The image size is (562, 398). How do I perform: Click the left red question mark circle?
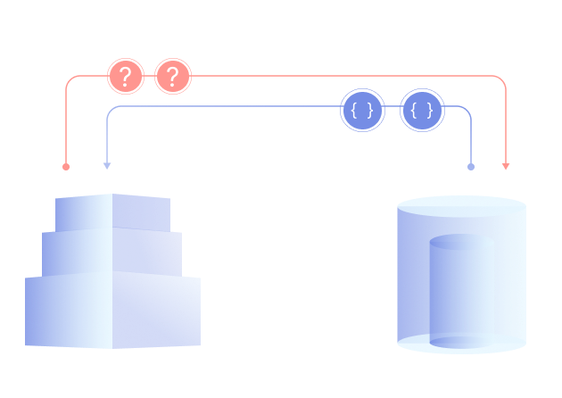click(x=126, y=77)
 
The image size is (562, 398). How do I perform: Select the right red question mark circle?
click(x=173, y=77)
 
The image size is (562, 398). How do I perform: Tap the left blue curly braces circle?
click(x=363, y=111)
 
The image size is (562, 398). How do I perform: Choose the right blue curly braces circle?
click(x=422, y=111)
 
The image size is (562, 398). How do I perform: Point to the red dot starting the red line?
click(x=66, y=166)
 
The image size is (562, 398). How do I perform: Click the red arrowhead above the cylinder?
click(x=506, y=166)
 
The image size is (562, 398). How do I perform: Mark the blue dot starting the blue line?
click(x=471, y=166)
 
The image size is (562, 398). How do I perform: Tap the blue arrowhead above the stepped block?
click(x=107, y=165)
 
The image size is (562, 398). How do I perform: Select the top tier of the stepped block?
click(x=112, y=212)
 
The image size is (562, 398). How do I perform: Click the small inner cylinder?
click(x=461, y=286)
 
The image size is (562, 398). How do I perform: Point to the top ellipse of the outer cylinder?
click(x=461, y=206)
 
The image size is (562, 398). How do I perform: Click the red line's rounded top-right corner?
click(x=502, y=80)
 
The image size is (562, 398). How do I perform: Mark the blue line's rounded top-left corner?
click(x=111, y=111)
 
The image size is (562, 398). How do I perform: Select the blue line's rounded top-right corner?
click(x=467, y=110)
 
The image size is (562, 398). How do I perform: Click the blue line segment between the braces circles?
click(x=393, y=107)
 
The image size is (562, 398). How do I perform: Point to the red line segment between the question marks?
click(x=150, y=76)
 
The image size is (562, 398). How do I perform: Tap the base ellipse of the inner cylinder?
click(x=461, y=342)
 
